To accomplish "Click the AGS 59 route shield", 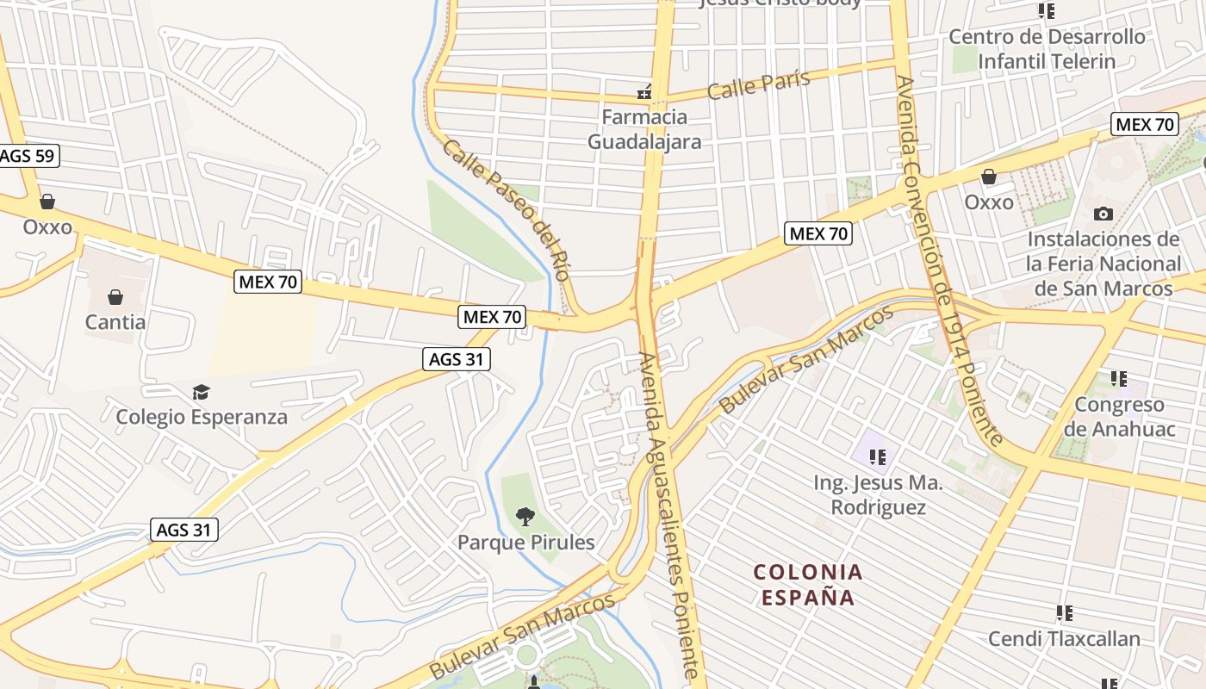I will point(28,156).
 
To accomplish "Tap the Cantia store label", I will point(115,322).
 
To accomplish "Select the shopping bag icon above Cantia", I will point(115,298).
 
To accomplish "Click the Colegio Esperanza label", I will point(202,417).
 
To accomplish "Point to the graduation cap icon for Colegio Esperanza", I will point(201,393).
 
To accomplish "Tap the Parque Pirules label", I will point(525,543).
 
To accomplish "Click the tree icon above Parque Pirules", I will point(525,517).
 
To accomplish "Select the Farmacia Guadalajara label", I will point(644,129).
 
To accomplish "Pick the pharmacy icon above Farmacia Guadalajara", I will point(643,93).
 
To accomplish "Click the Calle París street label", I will point(759,84).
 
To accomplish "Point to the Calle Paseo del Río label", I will point(507,210).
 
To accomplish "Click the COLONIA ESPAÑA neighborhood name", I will point(807,584).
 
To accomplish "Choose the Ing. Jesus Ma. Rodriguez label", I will point(878,494).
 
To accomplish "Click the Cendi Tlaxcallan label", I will point(1064,638).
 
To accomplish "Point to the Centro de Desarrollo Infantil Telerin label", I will point(1047,49).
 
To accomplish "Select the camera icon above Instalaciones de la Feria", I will point(1103,214).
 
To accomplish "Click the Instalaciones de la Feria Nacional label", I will point(1103,264).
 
